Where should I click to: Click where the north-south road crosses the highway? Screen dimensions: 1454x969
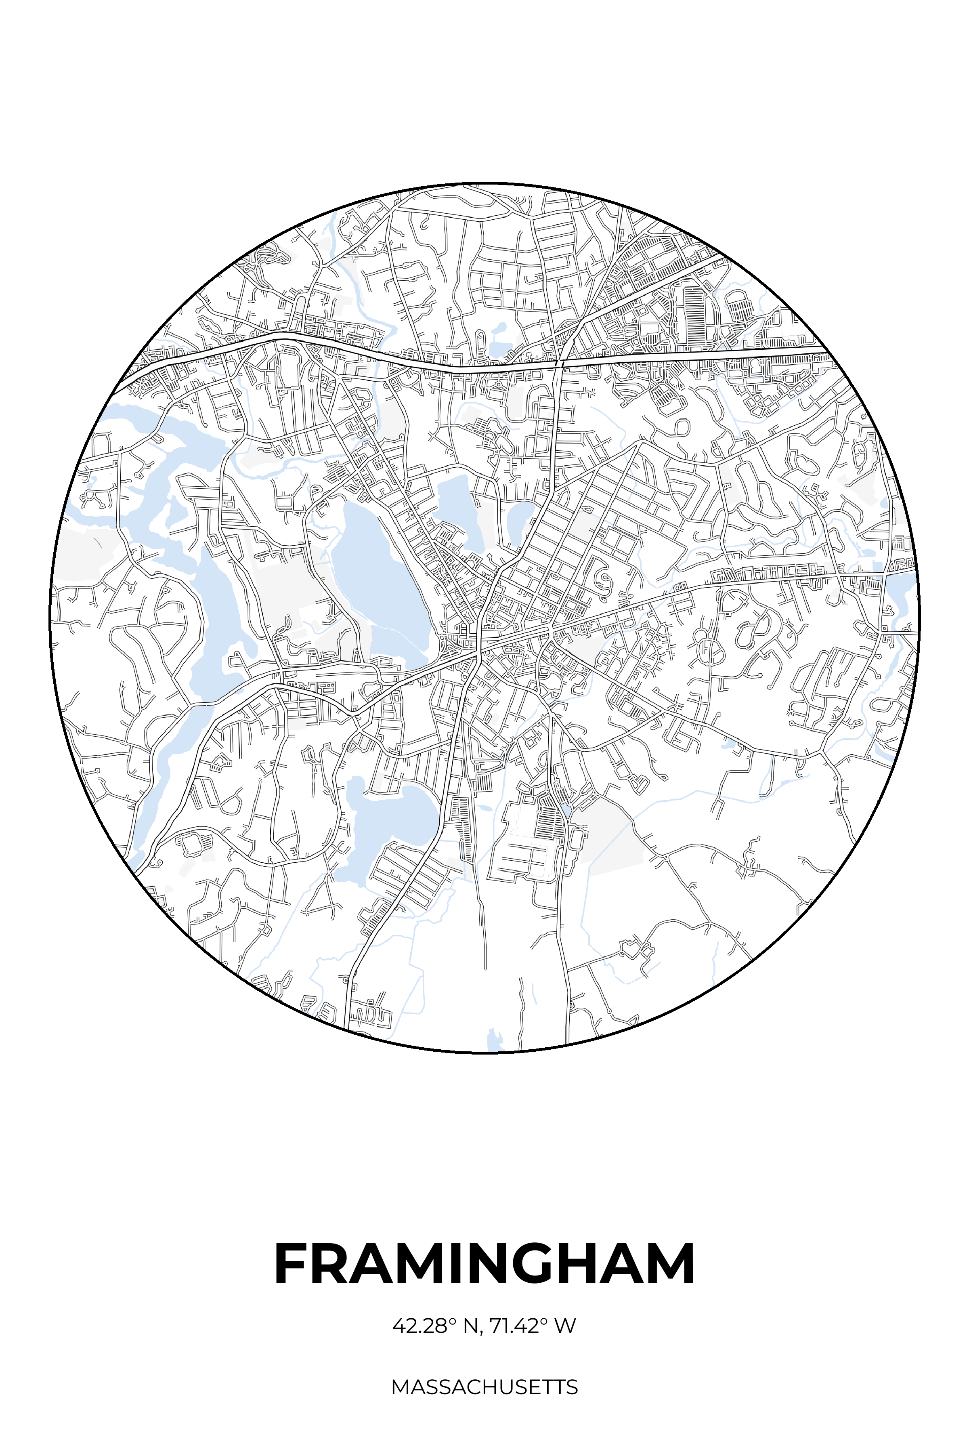click(x=559, y=360)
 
